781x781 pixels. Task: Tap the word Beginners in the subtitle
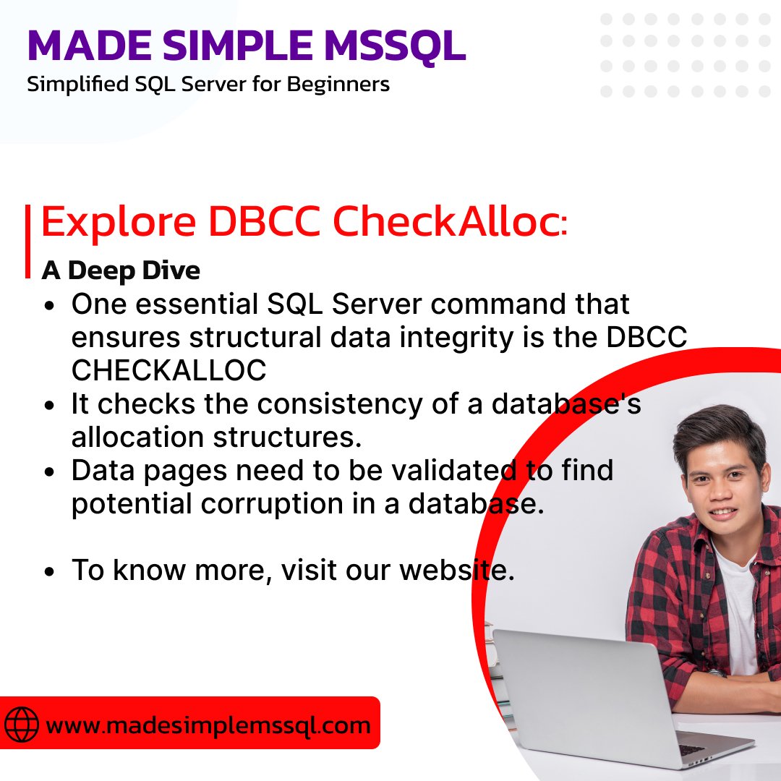(x=339, y=85)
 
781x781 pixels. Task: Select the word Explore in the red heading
(x=118, y=223)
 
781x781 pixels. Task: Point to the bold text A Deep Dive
(x=121, y=270)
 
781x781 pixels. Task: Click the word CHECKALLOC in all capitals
(x=168, y=370)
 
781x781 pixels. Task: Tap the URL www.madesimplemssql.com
(x=208, y=725)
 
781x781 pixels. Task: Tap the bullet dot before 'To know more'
(x=50, y=571)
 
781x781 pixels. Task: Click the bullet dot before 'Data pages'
(x=50, y=471)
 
